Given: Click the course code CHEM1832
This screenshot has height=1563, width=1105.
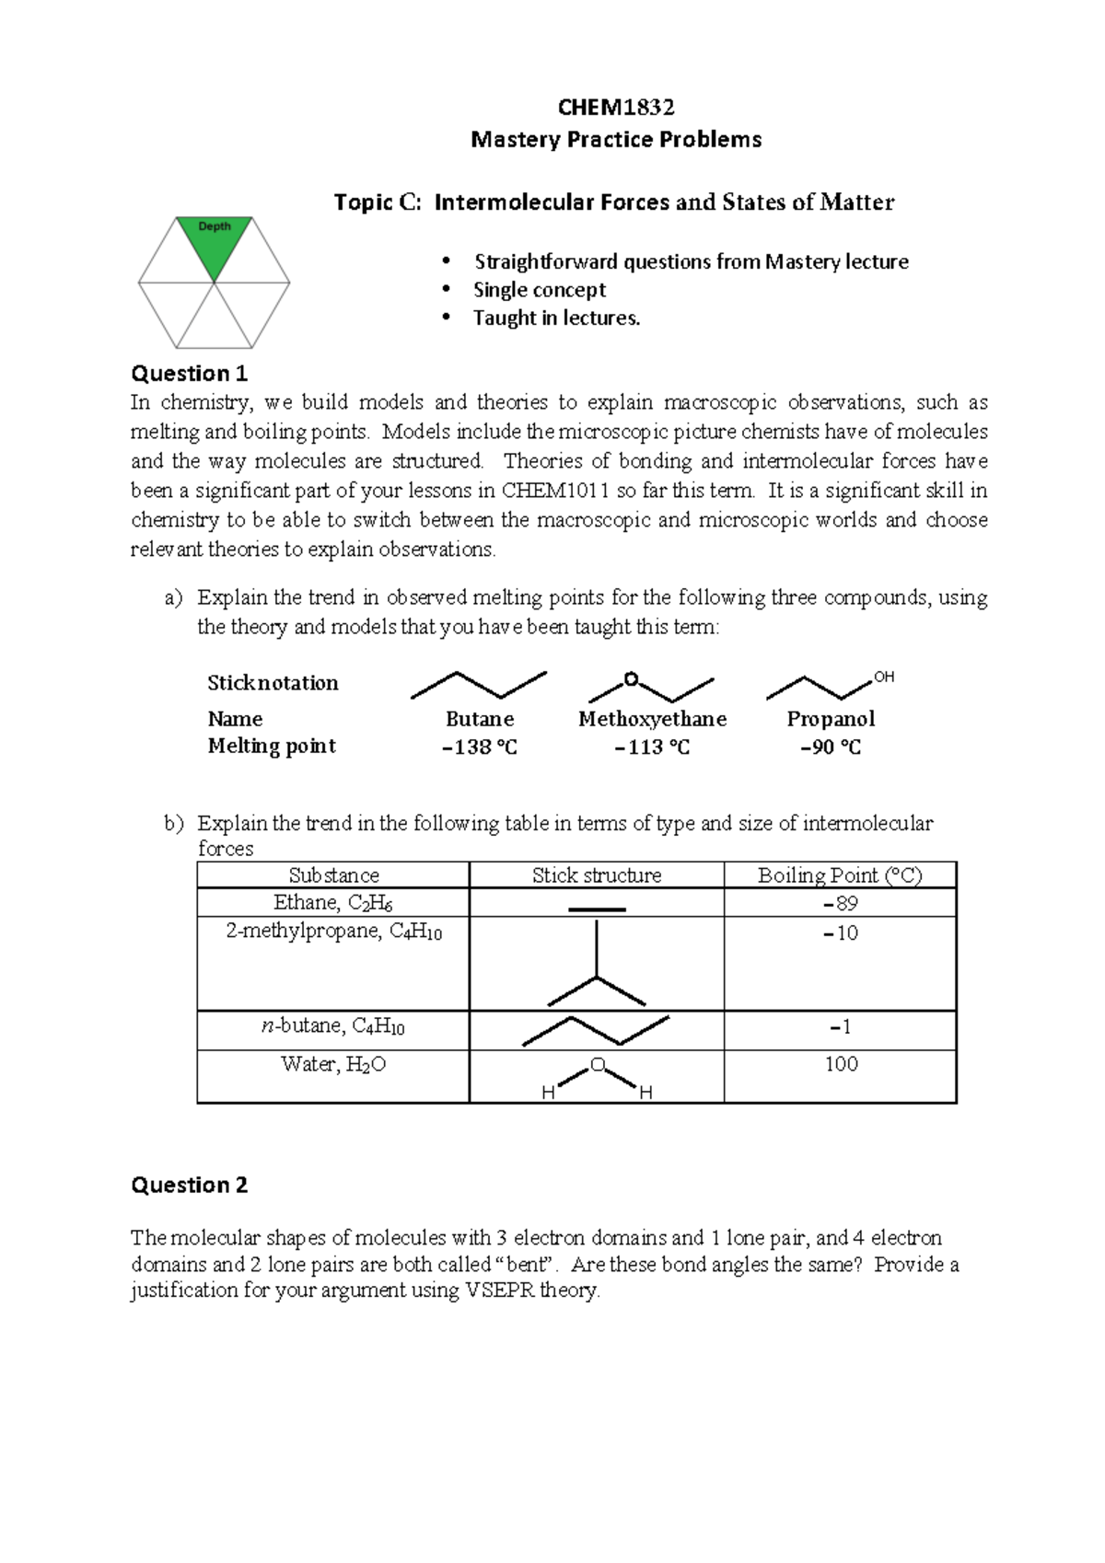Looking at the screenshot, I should point(616,108).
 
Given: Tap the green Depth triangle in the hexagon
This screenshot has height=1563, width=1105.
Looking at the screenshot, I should point(214,246).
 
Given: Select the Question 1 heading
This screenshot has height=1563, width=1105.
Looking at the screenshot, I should point(190,373).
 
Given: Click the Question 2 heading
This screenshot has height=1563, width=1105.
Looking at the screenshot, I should point(190,1185).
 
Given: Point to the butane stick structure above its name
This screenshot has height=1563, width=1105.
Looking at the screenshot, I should point(479,685).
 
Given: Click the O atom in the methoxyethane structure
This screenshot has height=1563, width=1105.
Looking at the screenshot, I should point(631,679).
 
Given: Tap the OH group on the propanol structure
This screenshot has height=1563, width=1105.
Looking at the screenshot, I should point(883,677).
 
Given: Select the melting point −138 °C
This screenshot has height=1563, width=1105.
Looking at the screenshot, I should point(480,747).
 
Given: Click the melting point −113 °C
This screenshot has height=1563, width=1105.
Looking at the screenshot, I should point(652,747).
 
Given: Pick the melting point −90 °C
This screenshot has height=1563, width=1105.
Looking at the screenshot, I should point(831,747).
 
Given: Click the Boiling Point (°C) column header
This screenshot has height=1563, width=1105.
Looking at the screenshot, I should point(840,875).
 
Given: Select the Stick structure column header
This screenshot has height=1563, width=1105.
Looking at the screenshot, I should point(597,875).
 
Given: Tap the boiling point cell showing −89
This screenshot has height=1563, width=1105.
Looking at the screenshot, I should point(840,903).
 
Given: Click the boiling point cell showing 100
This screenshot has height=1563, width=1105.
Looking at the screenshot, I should point(841,1064).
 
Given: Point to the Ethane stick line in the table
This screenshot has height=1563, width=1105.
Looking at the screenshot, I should point(597,909).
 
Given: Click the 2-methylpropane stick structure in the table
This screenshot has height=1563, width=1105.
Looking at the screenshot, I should point(597,967).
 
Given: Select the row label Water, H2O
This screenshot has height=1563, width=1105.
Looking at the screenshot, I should point(333,1065).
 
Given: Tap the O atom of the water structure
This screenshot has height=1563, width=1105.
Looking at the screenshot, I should point(597,1065).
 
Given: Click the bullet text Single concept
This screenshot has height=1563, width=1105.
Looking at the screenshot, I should point(539,290).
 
